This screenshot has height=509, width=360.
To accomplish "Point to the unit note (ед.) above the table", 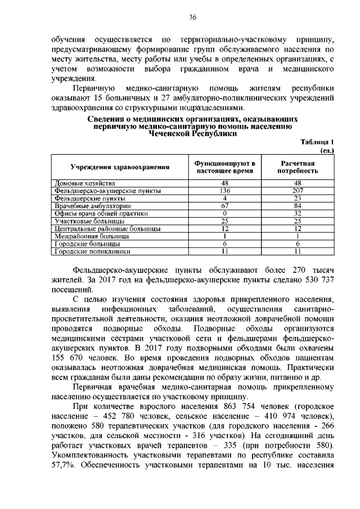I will click(327, 150).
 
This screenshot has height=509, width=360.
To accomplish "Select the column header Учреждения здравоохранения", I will click(120, 168).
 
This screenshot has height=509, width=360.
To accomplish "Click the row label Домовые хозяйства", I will click(85, 183).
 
